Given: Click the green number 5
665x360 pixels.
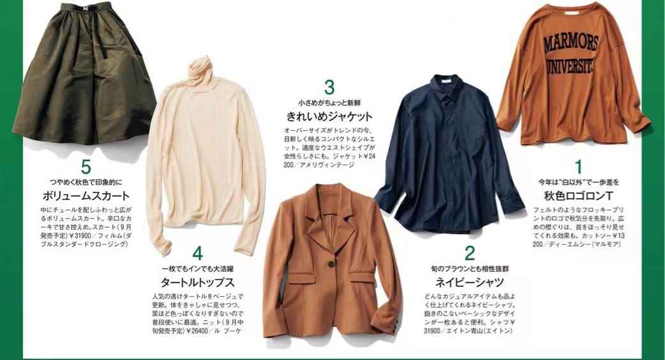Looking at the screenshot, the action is (86, 167).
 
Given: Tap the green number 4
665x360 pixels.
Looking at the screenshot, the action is (197, 253).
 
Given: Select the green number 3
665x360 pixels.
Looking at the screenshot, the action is (329, 87).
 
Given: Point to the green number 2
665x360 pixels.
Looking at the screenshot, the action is (470, 253).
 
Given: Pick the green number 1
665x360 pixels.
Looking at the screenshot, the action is (578, 167).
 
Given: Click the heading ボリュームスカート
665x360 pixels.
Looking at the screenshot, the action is (86, 195).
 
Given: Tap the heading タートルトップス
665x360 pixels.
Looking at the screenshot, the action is (198, 282).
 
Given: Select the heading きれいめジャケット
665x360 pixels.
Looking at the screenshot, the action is (329, 116).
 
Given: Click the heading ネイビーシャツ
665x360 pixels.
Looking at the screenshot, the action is (470, 282).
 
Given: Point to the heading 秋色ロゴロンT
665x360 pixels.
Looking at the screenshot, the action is (578, 195).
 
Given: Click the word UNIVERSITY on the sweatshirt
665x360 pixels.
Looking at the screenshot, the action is (572, 66).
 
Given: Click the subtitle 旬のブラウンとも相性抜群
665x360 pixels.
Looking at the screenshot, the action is (470, 269).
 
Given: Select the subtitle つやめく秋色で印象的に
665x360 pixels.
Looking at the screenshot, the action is (86, 183).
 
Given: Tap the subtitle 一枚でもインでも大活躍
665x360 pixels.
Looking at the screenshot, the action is (198, 269).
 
